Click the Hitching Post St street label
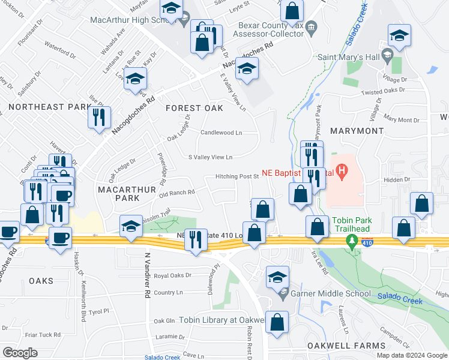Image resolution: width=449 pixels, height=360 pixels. (238, 177)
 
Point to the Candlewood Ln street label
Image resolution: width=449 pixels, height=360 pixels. (221, 133)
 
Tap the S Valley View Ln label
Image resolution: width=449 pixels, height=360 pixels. (210, 157)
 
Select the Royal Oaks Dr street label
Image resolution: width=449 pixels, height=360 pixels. (172, 276)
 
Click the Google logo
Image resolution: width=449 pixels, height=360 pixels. (20, 352)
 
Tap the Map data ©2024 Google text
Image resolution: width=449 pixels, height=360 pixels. (412, 355)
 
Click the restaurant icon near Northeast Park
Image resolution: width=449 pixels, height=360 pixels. (99, 117)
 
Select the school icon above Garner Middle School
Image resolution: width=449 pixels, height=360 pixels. (277, 277)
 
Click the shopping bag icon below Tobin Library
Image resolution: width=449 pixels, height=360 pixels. (277, 322)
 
